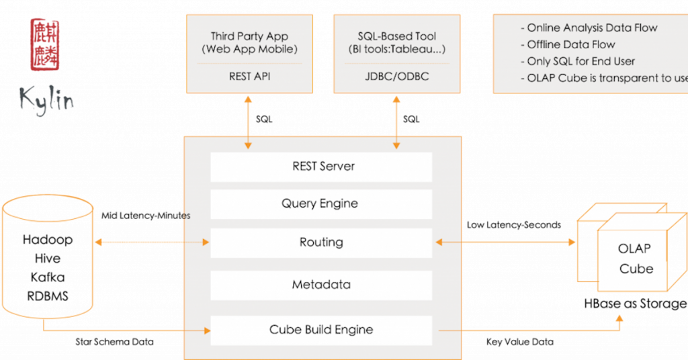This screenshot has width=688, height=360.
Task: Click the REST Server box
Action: (x=321, y=167)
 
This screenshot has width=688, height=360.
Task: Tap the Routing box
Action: (x=321, y=242)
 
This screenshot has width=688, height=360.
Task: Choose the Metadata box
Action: (x=321, y=285)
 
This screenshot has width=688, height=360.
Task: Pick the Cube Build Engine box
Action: (x=321, y=330)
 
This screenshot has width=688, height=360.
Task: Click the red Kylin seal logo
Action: (x=46, y=44)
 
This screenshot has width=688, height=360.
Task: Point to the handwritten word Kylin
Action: (x=46, y=100)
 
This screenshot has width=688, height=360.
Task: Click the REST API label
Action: (x=249, y=77)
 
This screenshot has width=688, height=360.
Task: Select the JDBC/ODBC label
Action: (x=396, y=77)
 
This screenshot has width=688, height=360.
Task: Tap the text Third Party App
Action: (x=249, y=36)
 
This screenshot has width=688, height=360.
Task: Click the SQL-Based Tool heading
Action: (x=396, y=36)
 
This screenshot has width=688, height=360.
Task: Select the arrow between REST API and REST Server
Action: (x=249, y=122)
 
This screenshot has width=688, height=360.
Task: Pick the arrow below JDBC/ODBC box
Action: (x=396, y=122)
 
